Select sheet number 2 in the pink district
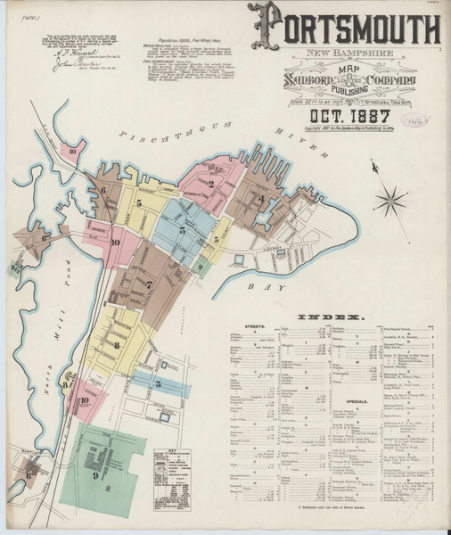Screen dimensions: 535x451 click(210, 185)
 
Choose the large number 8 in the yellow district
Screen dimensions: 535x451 click(117, 344)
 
